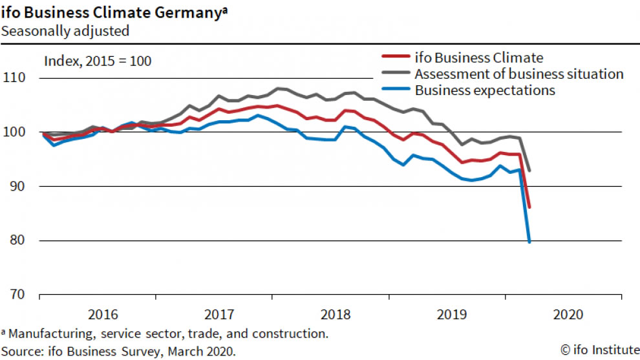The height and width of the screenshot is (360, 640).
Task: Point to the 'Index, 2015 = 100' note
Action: pos(97,61)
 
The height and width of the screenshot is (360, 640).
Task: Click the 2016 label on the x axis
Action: pos(102,315)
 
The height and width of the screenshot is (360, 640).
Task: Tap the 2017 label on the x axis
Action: pos(219,315)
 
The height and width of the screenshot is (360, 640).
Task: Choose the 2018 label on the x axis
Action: pos(335,315)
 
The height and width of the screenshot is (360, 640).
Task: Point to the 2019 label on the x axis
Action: pos(451,315)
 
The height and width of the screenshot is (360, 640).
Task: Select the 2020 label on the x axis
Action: pos(568,315)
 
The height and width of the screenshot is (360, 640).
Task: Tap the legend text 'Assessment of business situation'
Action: pos(519,74)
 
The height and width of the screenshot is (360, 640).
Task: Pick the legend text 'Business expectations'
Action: pos(485,90)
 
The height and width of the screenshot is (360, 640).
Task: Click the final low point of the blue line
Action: pos(530,242)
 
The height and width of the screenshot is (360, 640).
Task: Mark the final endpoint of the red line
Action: pos(529,207)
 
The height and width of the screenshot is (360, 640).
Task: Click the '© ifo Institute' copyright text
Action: pos(598,350)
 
